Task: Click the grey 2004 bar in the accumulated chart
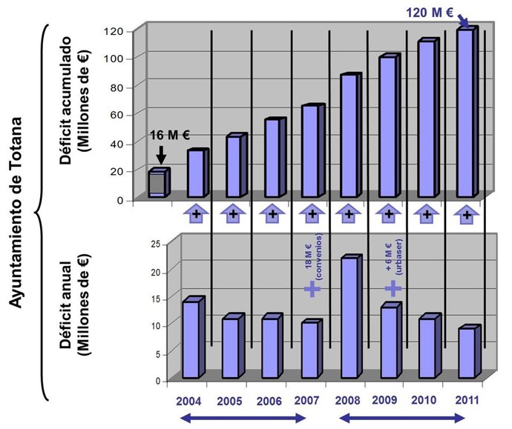click(x=159, y=183)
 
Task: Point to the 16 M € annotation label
click(x=170, y=135)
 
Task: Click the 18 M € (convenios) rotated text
click(x=313, y=256)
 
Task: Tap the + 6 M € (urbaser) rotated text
click(x=393, y=256)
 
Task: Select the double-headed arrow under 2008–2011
click(x=403, y=419)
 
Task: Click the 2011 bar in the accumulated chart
click(x=466, y=113)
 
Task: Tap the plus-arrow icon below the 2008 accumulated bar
click(x=348, y=214)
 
